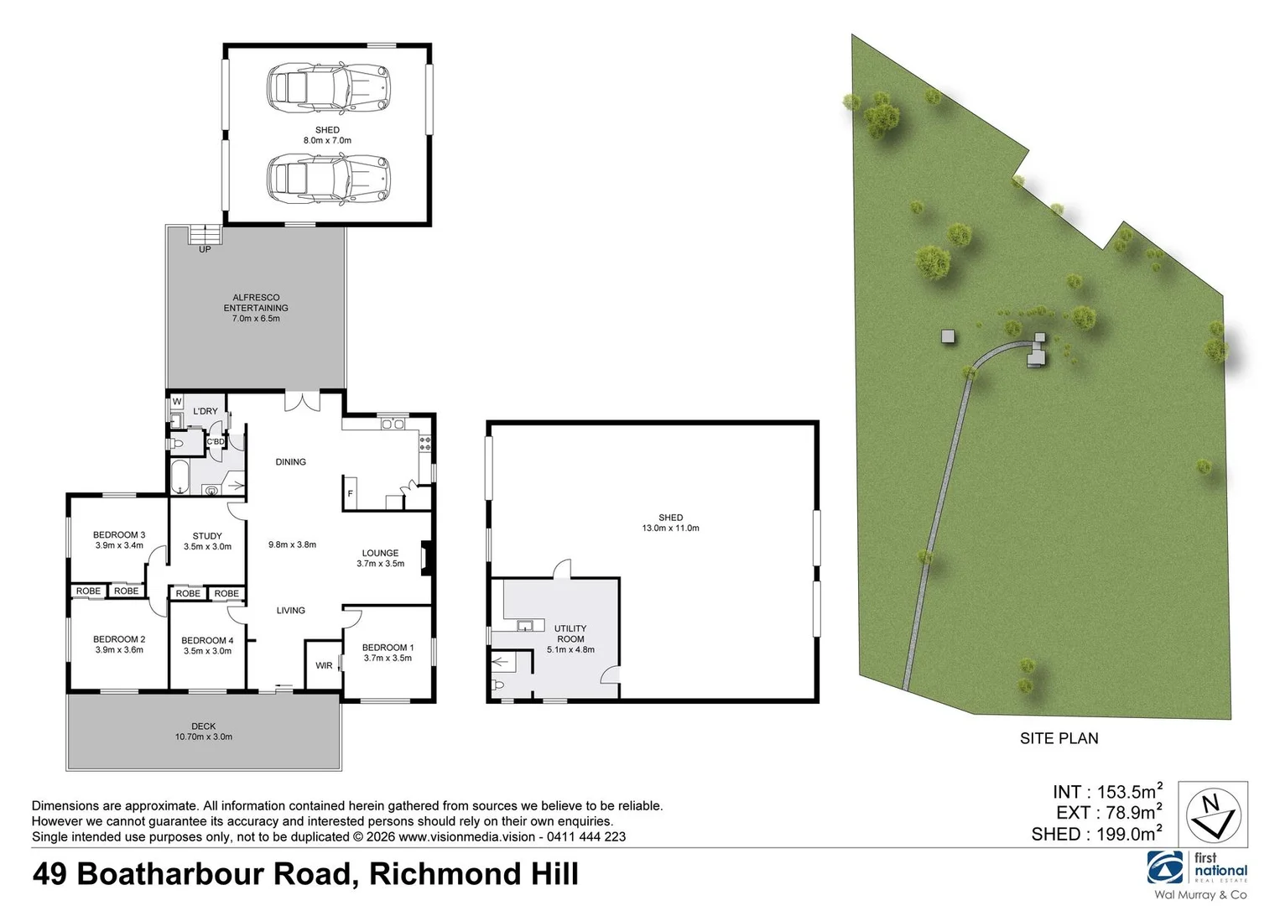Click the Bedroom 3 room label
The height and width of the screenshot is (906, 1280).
click(119, 534)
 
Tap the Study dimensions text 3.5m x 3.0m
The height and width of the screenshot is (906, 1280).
click(207, 547)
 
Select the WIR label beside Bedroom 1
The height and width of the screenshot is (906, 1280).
click(324, 666)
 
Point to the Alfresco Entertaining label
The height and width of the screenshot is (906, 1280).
click(256, 303)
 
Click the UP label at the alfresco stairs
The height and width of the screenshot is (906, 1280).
click(205, 249)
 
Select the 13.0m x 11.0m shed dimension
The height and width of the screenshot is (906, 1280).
click(670, 528)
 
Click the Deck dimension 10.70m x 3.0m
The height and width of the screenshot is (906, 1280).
click(204, 737)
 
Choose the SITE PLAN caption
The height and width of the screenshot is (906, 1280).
click(1059, 739)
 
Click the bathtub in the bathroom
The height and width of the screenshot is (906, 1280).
click(180, 476)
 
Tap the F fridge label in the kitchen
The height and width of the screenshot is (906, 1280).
click(351, 494)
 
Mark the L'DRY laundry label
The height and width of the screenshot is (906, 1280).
click(206, 411)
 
